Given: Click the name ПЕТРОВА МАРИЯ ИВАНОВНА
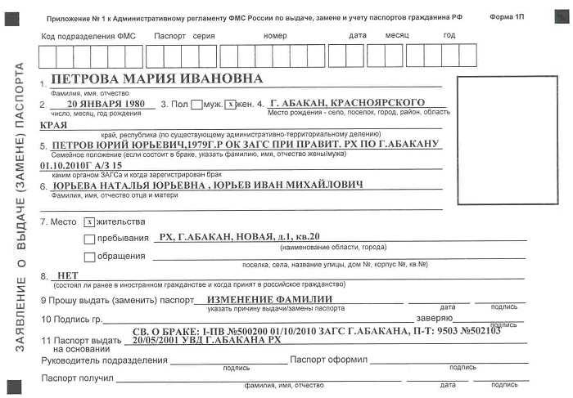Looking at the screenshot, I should (156, 79).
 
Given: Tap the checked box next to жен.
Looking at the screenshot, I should (231, 105).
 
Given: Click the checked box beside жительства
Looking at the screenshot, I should (89, 221).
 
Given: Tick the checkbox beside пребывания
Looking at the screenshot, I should (89, 239).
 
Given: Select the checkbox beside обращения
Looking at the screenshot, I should (89, 257).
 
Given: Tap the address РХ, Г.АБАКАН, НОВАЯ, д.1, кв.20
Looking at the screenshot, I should (240, 237).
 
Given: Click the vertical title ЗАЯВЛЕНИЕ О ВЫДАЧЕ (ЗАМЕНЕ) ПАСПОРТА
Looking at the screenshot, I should (20, 205).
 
